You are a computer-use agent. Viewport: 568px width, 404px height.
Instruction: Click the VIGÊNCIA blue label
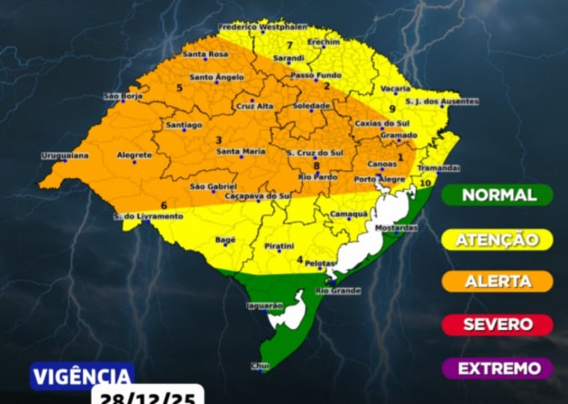click(x=81, y=376)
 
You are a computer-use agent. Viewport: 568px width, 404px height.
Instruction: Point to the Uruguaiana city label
click(x=65, y=156)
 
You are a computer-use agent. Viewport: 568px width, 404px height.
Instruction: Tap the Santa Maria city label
click(x=241, y=152)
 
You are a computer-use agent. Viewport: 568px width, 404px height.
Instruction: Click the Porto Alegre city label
click(x=376, y=179)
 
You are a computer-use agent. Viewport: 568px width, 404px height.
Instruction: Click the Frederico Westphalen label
click(x=253, y=27)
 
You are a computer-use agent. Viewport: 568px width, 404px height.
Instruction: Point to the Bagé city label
click(x=225, y=240)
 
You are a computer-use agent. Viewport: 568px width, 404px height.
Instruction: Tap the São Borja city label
click(x=122, y=97)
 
